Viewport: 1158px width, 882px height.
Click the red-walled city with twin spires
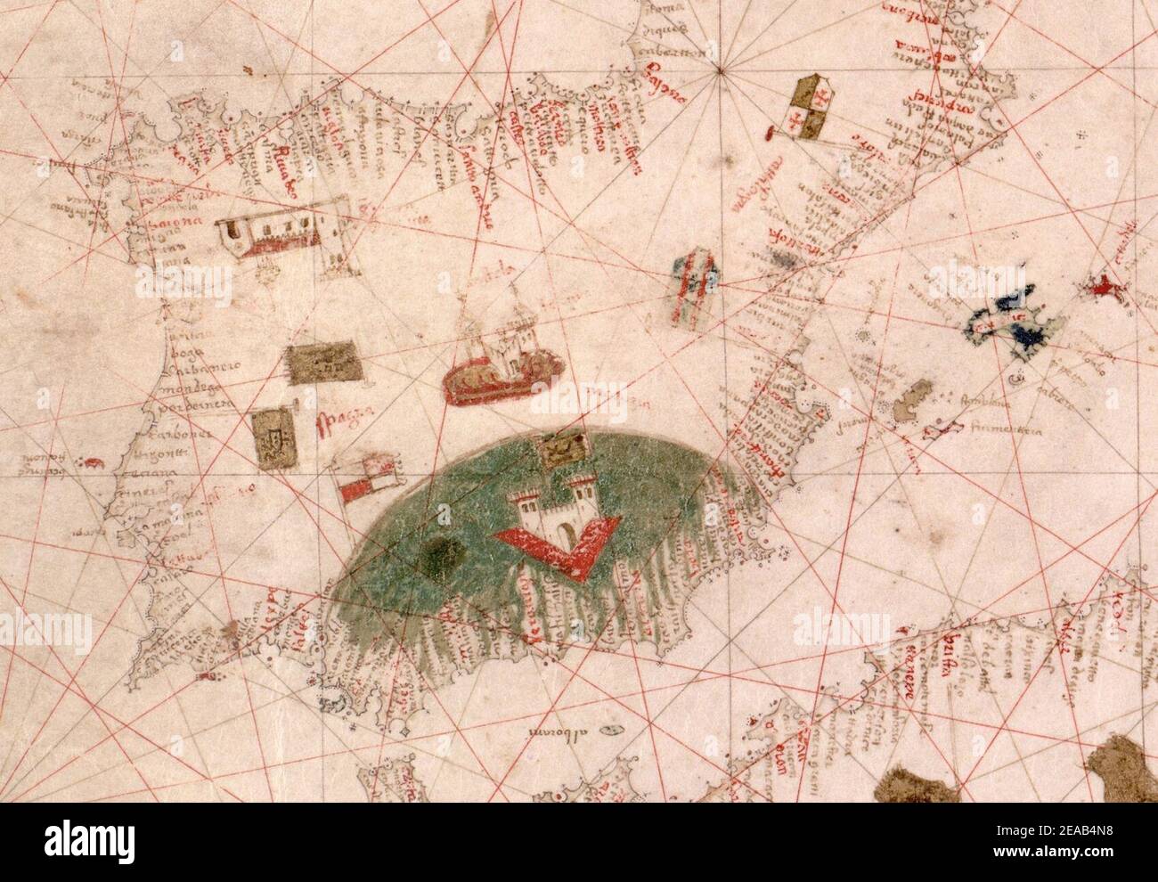[501, 365]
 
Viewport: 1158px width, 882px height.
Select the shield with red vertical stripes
[694, 282]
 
